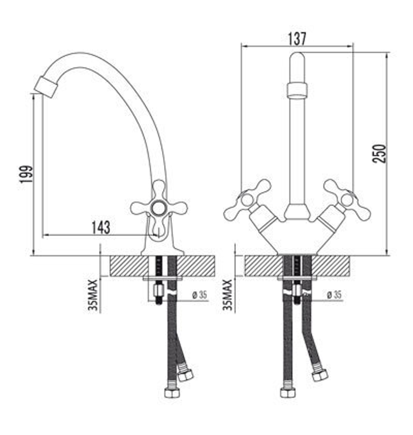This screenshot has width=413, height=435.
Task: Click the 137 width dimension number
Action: click(x=297, y=38)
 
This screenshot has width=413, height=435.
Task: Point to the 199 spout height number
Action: click(x=25, y=177)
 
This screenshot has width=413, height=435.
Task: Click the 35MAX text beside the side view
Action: click(x=93, y=295)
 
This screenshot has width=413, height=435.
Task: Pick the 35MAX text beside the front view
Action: click(x=228, y=295)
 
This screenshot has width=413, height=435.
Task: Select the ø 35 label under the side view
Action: click(x=199, y=295)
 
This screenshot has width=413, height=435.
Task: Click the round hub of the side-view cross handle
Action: click(x=158, y=208)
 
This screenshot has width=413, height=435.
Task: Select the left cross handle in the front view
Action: click(x=247, y=200)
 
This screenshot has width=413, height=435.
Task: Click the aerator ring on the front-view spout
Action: click(x=297, y=90)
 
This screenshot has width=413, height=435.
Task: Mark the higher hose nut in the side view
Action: click(x=185, y=375)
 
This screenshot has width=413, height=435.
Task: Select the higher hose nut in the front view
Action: click(x=320, y=375)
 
